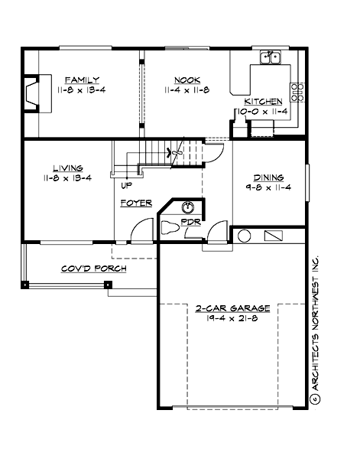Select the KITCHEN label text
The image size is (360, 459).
click(x=263, y=102)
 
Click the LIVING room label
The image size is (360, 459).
click(x=68, y=168)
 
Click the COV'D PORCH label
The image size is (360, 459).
click(x=94, y=269)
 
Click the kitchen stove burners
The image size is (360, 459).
click(x=297, y=92)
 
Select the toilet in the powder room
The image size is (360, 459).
click(x=170, y=227)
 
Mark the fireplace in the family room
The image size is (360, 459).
click(x=33, y=93)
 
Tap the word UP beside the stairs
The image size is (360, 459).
click(x=125, y=184)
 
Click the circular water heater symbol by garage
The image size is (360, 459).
click(x=244, y=236)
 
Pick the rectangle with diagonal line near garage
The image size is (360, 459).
click(x=274, y=236)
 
